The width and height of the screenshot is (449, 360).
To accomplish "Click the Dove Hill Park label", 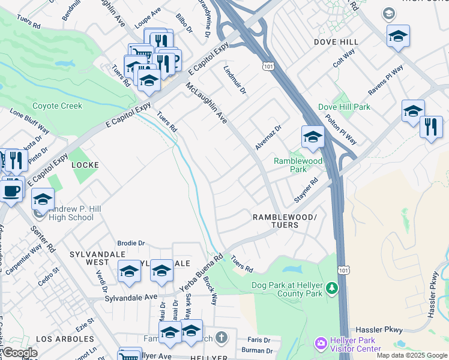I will (x=344, y=107).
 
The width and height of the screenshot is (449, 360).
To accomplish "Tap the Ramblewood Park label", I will (x=298, y=165).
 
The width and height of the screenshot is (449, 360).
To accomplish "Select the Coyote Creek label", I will (x=56, y=106).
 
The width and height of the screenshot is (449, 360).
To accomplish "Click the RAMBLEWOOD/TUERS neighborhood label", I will (x=283, y=220).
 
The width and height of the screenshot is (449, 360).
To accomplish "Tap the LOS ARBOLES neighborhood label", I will (x=65, y=338).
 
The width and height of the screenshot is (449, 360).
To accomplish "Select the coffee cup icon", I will (x=11, y=191).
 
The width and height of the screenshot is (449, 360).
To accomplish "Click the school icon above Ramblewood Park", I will (x=313, y=137).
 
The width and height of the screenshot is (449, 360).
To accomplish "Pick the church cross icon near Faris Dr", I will (x=221, y=337).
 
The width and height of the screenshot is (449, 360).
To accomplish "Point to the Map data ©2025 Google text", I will (x=411, y=355).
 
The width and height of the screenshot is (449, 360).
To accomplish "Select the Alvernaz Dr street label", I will (x=268, y=138).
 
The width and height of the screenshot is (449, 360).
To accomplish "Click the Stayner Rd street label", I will (x=306, y=190).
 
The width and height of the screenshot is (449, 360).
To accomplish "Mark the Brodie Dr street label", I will (x=131, y=243).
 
